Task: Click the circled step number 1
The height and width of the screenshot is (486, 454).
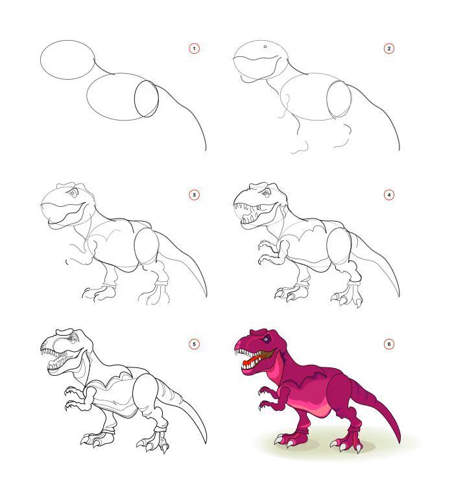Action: [194, 49]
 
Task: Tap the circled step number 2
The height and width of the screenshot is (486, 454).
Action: [389, 49]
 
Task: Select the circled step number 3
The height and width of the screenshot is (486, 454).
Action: [194, 194]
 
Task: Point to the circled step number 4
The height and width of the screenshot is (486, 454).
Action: [389, 194]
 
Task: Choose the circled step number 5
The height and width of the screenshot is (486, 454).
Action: [194, 344]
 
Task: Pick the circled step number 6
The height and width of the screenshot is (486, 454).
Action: [389, 344]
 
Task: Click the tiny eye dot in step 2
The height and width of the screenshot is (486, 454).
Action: [265, 47]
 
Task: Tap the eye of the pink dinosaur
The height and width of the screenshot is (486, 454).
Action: [266, 339]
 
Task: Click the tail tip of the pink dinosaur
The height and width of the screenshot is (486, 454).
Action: [398, 443]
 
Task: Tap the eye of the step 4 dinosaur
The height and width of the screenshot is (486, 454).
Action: [267, 194]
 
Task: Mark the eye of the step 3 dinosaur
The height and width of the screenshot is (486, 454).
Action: [73, 193]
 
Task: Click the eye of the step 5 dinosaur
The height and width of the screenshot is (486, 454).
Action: [72, 339]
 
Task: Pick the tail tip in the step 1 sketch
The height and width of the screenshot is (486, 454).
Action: [206, 150]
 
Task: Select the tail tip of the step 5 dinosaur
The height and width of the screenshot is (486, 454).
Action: [205, 443]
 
